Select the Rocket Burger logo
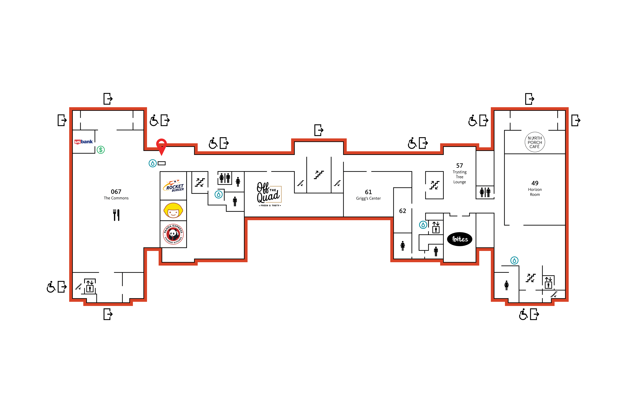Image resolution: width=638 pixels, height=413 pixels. (x=173, y=186)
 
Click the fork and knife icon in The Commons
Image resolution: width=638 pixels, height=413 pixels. (x=116, y=215)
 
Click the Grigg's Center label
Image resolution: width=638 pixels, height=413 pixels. (x=368, y=198)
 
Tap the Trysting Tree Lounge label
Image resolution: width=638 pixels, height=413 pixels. (x=459, y=177)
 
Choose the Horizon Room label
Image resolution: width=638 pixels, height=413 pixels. (x=535, y=192)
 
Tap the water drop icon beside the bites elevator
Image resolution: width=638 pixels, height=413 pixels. (x=423, y=225)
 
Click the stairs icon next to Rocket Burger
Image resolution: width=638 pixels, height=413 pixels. (x=200, y=182)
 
